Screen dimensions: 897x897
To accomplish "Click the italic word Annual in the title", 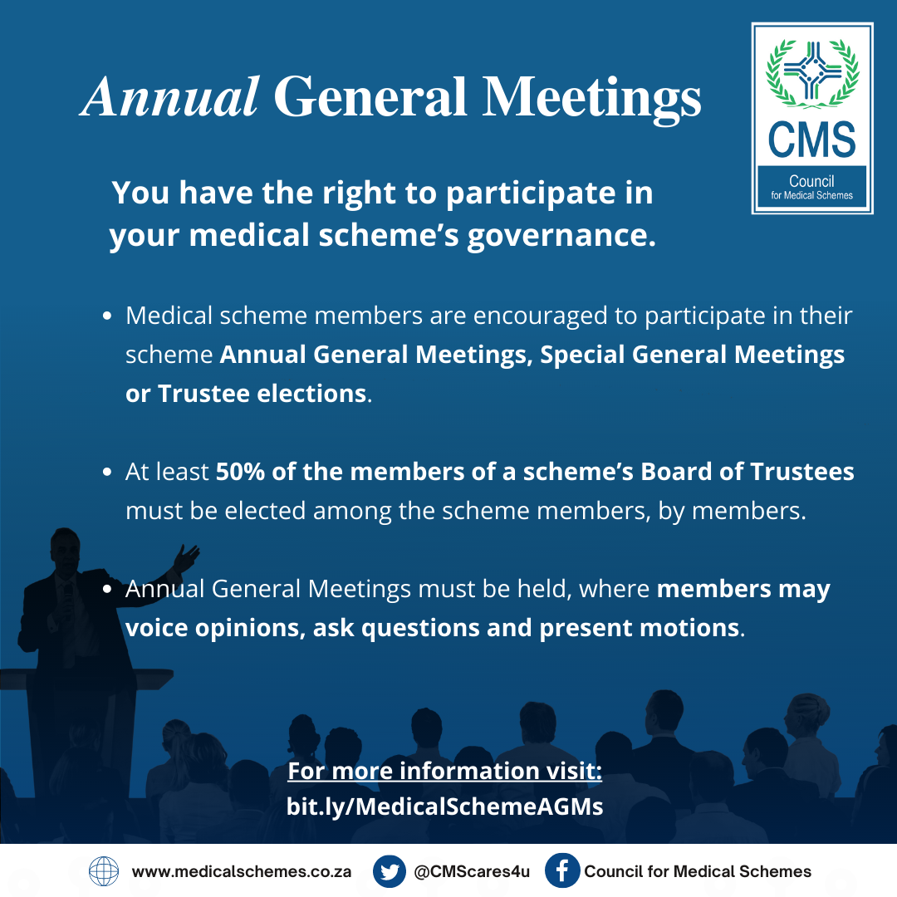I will tap(169, 98).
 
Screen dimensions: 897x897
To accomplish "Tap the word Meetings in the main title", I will tap(592, 98).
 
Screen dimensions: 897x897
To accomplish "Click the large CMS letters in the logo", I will tap(811, 140).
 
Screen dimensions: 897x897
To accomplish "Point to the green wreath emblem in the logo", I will tap(811, 75).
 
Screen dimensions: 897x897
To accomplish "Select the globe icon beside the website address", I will tap(104, 871).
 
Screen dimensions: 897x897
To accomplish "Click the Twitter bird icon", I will tap(389, 871).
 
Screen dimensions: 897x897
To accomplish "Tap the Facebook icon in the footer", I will tap(561, 871).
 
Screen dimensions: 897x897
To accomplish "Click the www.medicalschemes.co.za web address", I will tap(242, 872).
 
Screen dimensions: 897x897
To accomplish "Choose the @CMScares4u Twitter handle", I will tap(471, 872).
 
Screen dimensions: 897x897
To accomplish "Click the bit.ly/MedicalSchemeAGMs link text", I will tap(444, 806).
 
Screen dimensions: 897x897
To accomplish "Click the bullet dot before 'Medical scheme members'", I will tap(107, 316).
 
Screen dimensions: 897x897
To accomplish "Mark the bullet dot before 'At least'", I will tap(107, 473).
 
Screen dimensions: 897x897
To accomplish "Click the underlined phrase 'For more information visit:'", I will tap(444, 771).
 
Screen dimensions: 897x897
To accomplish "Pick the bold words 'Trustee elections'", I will tap(262, 394).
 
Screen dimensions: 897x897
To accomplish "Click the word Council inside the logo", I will tap(811, 181).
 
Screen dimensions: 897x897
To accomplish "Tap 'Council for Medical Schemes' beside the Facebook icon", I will tap(698, 872).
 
